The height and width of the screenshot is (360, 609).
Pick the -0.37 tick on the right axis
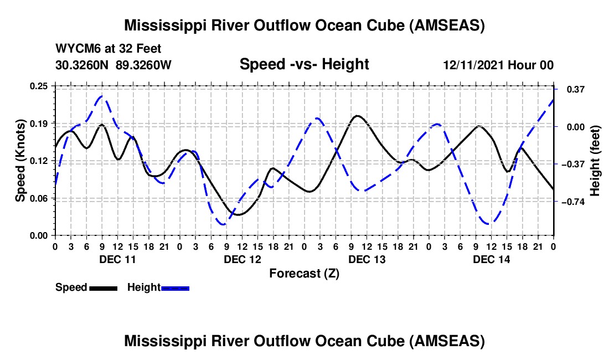(571, 164)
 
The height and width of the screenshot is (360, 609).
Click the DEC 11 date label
(117, 259)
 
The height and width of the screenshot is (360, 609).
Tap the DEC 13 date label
(367, 259)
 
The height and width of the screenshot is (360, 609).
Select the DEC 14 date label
(492, 259)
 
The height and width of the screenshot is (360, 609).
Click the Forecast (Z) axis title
(304, 273)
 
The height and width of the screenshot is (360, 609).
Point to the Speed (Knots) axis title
(20, 160)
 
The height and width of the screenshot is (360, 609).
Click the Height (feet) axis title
(595, 160)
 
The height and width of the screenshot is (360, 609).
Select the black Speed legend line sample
(103, 287)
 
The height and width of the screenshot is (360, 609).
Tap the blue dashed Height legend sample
(175, 287)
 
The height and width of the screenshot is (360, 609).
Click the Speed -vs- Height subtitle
(304, 64)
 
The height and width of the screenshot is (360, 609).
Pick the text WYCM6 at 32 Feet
(109, 49)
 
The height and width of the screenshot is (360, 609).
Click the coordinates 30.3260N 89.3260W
(113, 65)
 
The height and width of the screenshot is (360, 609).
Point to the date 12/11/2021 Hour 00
(498, 65)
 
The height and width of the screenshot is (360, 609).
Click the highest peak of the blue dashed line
(101, 96)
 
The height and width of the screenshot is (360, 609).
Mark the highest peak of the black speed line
(357, 116)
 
